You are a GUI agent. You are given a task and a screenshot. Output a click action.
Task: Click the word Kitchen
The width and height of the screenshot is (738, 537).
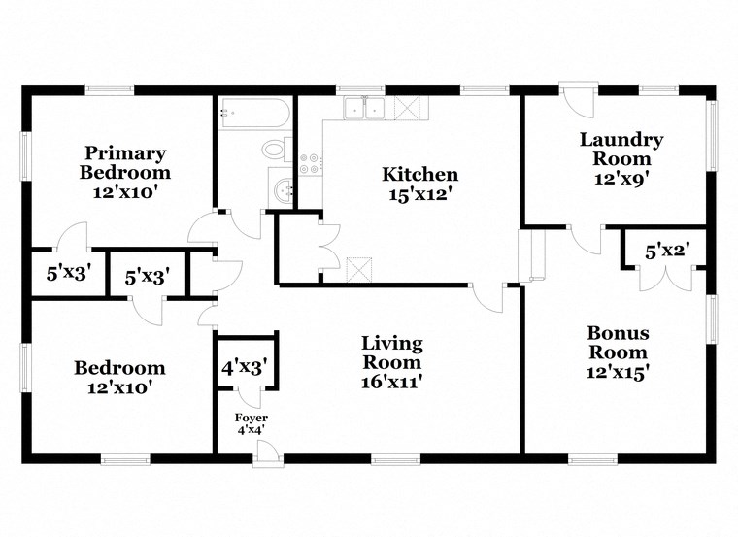tap(419, 175)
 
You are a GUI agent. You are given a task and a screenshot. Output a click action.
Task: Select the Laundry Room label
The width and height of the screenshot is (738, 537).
tap(621, 149)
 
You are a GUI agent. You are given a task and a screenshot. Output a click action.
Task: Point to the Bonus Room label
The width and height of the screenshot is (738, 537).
tap(618, 342)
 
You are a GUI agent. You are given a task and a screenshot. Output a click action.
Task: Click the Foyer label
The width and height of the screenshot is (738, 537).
tap(252, 418)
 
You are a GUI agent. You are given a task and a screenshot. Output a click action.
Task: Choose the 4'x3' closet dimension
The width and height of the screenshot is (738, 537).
tap(246, 368)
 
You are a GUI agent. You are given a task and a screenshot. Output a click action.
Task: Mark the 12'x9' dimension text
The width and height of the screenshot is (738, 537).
tap(621, 179)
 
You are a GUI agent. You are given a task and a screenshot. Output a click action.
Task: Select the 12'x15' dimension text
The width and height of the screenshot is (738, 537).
tap(618, 371)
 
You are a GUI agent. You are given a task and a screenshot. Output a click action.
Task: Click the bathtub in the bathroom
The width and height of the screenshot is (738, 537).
tap(253, 113)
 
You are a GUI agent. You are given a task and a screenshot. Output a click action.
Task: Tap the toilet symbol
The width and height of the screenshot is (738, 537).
tap(276, 150)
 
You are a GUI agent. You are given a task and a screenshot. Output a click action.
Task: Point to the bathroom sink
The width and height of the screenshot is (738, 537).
tap(282, 190)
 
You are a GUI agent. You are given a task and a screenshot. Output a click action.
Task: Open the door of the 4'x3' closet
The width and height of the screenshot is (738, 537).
tap(249, 396)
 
